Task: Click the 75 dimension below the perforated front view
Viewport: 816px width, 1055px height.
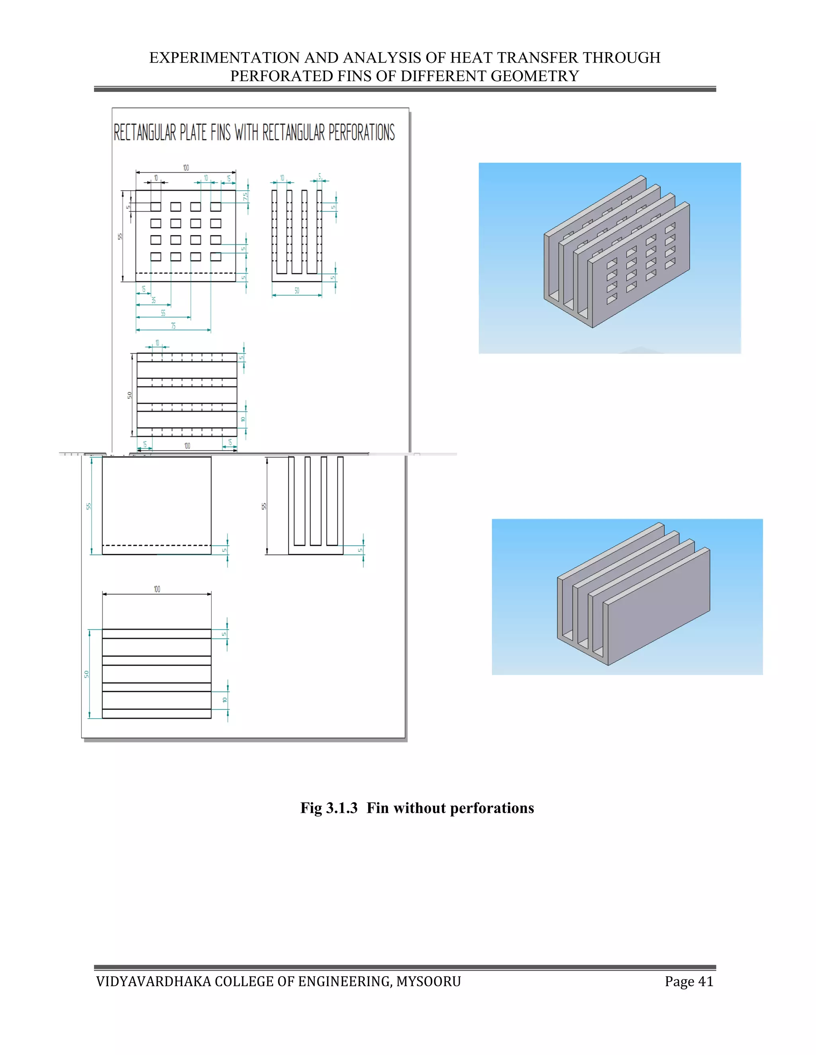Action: (173, 326)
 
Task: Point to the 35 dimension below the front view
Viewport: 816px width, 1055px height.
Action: (154, 301)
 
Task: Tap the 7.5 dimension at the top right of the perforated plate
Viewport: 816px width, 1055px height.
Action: (245, 197)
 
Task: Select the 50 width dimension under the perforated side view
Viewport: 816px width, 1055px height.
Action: (297, 291)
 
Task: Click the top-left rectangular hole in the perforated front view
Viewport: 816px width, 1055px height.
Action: (156, 207)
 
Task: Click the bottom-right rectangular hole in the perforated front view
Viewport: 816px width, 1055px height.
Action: (216, 256)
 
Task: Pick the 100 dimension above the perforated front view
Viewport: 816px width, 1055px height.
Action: (186, 168)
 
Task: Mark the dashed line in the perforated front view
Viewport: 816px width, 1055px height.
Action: (186, 273)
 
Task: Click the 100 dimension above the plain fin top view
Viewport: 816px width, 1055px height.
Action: (157, 589)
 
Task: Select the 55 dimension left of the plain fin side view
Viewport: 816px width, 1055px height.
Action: (264, 506)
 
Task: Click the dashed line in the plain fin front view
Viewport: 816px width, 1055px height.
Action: (157, 545)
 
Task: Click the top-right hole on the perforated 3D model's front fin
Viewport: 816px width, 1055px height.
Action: (670, 227)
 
